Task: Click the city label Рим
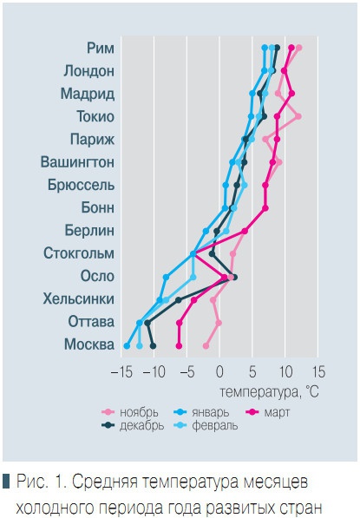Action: click(x=101, y=48)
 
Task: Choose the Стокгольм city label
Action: click(x=79, y=253)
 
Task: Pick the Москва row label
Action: click(x=89, y=344)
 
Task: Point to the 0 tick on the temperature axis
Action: click(x=219, y=370)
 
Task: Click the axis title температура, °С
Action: click(x=271, y=391)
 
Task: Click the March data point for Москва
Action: click(x=180, y=345)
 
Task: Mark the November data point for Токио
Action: click(x=298, y=115)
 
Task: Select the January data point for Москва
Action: click(x=128, y=345)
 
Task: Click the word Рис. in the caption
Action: click(x=31, y=481)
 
